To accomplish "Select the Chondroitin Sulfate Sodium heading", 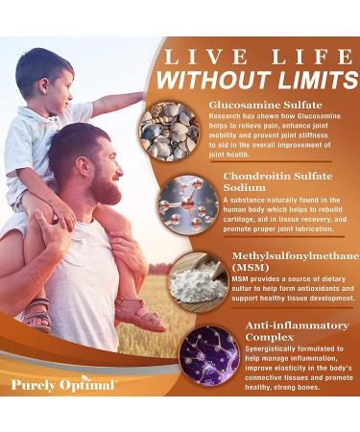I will click(x=273, y=181).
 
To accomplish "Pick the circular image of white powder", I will click(x=196, y=277).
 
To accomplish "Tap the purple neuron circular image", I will click(x=208, y=354).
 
